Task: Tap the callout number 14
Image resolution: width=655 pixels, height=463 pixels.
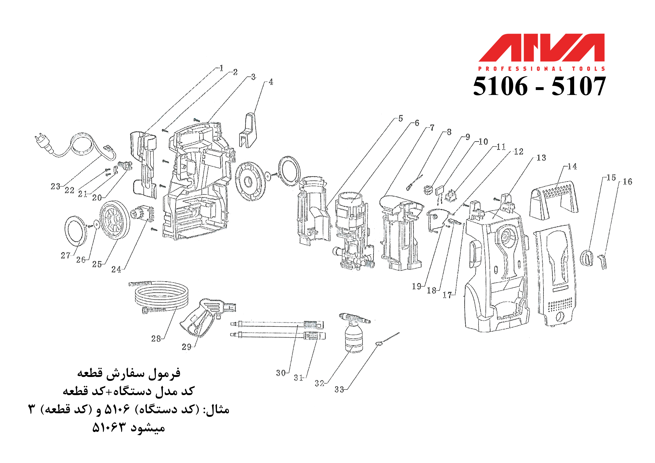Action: click(x=572, y=167)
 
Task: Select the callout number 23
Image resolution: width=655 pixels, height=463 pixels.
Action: click(x=56, y=187)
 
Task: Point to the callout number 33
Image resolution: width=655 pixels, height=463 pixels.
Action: click(x=339, y=389)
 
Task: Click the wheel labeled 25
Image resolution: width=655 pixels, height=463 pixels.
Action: click(x=114, y=223)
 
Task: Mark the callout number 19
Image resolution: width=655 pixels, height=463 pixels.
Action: click(x=417, y=286)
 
